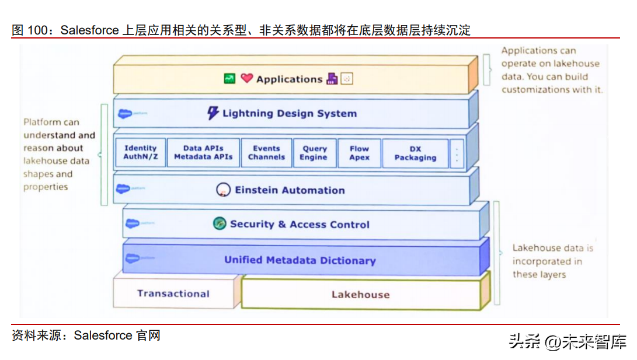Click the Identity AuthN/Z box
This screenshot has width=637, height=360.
pyautogui.click(x=141, y=153)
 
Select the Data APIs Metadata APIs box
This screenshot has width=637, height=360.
pyautogui.click(x=203, y=153)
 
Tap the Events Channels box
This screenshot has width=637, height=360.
pyautogui.click(x=266, y=153)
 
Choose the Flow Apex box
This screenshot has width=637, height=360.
pyautogui.click(x=359, y=153)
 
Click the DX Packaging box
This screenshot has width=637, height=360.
pyautogui.click(x=415, y=153)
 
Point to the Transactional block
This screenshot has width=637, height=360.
pyautogui.click(x=173, y=293)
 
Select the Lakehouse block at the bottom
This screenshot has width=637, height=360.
pyautogui.click(x=360, y=295)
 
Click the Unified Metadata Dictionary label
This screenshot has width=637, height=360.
pyautogui.click(x=300, y=260)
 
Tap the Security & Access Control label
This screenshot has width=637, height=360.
pyautogui.click(x=300, y=224)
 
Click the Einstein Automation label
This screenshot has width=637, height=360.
pyautogui.click(x=290, y=190)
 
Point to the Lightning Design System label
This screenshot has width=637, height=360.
pyautogui.click(x=289, y=114)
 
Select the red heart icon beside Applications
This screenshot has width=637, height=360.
pyautogui.click(x=247, y=78)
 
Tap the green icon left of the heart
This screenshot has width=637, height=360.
pyautogui.click(x=230, y=78)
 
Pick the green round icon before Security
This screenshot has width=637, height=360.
pyautogui.click(x=220, y=223)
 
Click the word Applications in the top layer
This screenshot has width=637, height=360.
pyautogui.click(x=289, y=79)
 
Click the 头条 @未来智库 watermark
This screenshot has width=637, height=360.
pyautogui.click(x=567, y=341)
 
